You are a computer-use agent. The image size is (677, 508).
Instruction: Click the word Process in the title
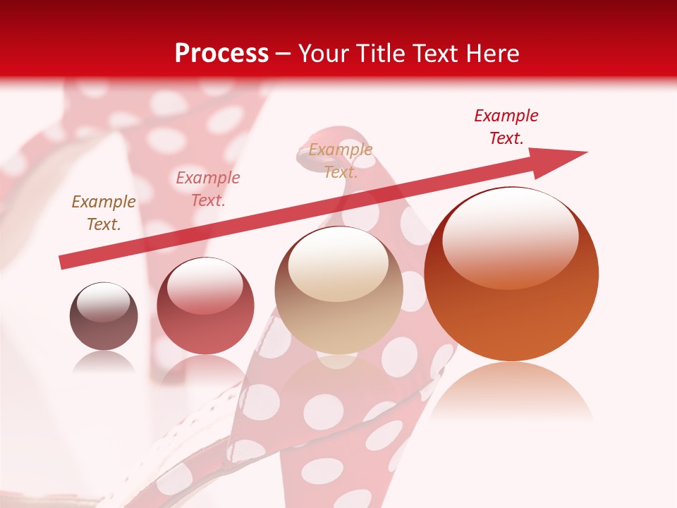point(221,54)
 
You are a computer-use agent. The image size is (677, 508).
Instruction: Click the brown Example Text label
point(104,213)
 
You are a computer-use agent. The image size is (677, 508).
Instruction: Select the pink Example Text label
point(208,189)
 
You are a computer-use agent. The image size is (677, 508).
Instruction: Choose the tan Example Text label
point(341,161)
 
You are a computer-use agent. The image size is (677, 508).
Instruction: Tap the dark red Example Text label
point(506,127)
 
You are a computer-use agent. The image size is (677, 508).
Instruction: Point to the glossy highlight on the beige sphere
point(338,265)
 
